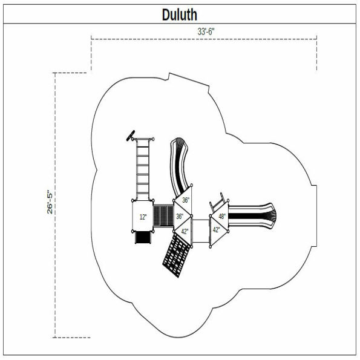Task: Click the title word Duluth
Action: [x=180, y=14]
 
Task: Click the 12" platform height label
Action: [x=143, y=217]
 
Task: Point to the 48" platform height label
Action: [x=222, y=216]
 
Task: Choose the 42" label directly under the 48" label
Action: [x=217, y=229]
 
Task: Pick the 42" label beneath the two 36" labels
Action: [x=185, y=231]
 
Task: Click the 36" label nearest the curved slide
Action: [x=185, y=200]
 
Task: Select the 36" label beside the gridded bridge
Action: [x=180, y=216]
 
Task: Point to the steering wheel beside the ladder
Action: [x=130, y=136]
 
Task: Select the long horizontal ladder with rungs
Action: [x=143, y=169]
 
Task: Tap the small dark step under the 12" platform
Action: [x=143, y=238]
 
